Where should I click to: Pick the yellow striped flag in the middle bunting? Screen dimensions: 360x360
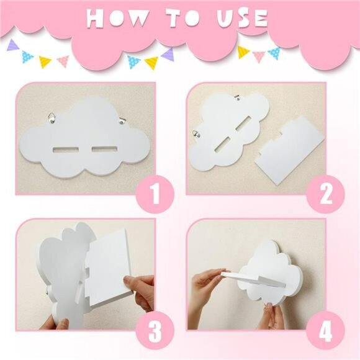151,63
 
